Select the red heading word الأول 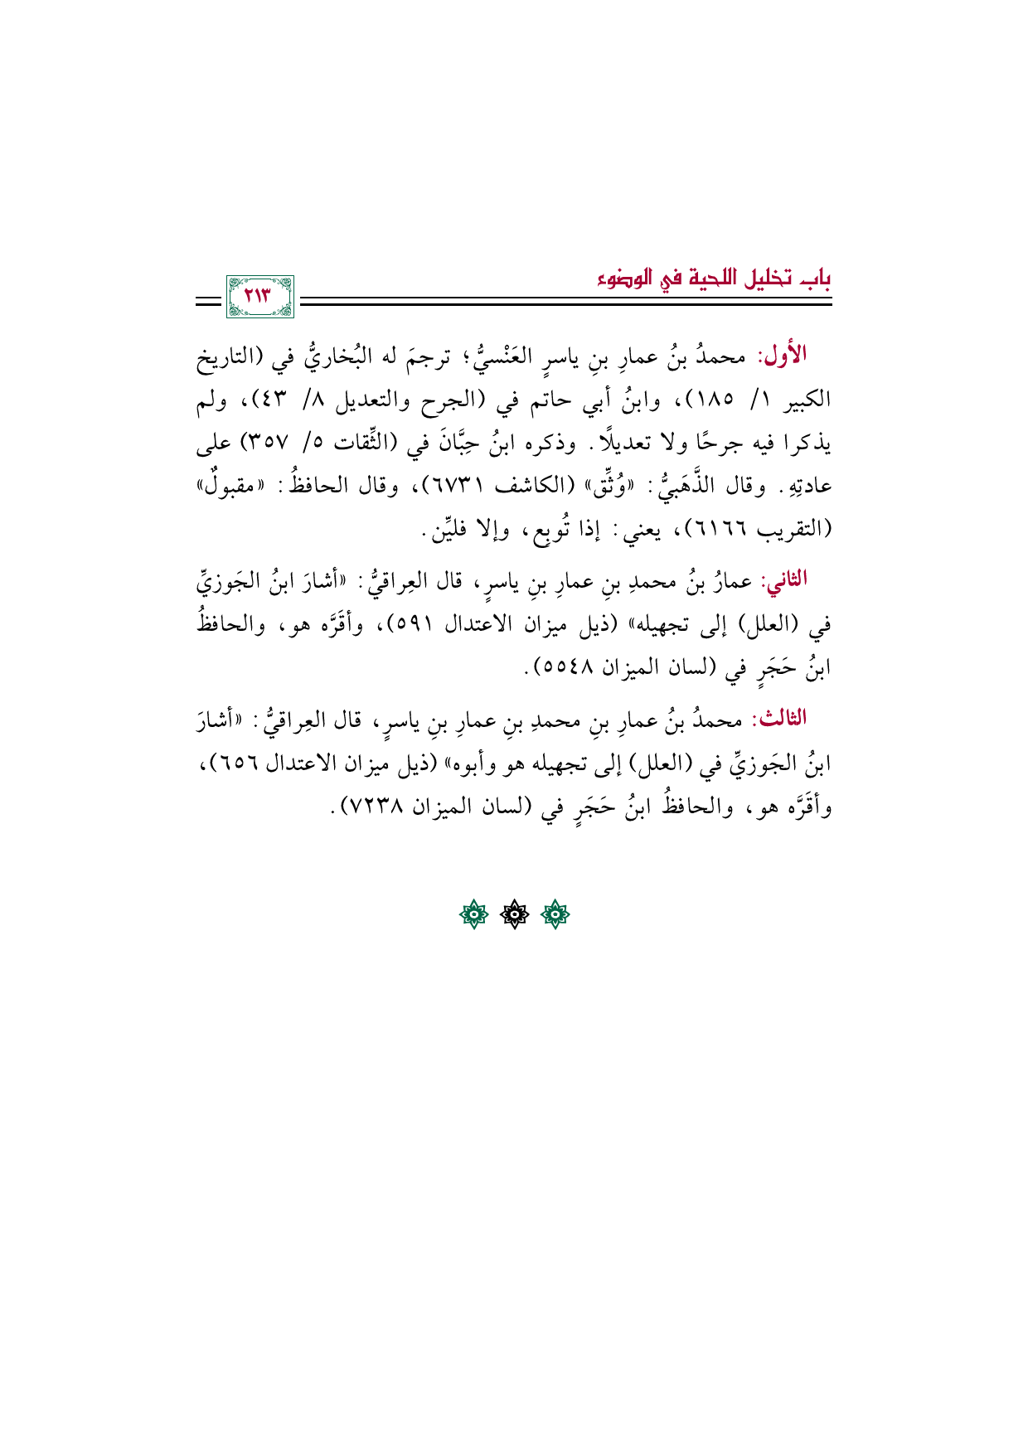point(784,356)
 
